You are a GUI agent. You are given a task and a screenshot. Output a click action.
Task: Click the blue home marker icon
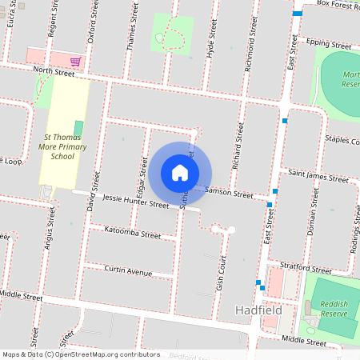(x=180, y=172)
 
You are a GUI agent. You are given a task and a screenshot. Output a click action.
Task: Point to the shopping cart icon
(x=74, y=62)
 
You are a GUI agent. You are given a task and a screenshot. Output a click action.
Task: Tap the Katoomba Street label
(x=132, y=234)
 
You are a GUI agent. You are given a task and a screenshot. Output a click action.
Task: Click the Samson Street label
(x=230, y=192)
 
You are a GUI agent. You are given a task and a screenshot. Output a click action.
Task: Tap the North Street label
(x=54, y=73)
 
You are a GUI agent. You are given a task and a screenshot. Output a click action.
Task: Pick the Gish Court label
(x=222, y=273)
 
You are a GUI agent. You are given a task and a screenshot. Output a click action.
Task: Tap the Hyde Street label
(x=212, y=37)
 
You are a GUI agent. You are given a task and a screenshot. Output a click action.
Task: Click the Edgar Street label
(x=143, y=178)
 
